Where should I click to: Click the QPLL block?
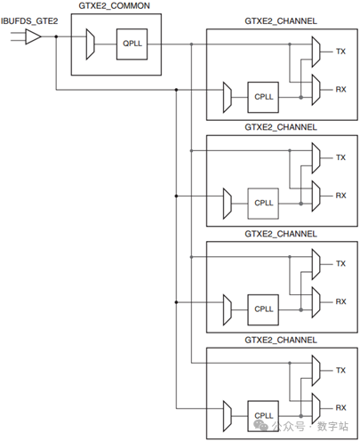[132, 44]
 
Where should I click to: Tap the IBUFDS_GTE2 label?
[29, 21]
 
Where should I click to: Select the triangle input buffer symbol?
[33, 36]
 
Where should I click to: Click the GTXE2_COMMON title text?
[114, 6]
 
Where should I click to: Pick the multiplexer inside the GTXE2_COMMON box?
[90, 44]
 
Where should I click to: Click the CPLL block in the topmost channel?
[263, 97]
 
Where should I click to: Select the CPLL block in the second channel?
[263, 204]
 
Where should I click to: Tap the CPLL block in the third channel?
[263, 309]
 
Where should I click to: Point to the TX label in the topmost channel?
[340, 52]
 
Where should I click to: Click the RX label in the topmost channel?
[340, 90]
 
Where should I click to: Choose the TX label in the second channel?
[340, 157]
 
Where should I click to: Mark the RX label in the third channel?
[340, 301]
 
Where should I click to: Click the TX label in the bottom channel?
[340, 370]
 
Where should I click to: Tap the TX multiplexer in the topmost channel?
[316, 52]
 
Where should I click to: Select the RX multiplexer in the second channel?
[316, 196]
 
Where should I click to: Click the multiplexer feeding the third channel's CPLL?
[227, 309]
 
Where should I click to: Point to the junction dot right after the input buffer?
[56, 36]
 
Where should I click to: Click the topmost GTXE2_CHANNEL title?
[281, 21]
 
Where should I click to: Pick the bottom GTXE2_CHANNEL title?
[281, 340]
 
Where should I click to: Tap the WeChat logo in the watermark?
[260, 426]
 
